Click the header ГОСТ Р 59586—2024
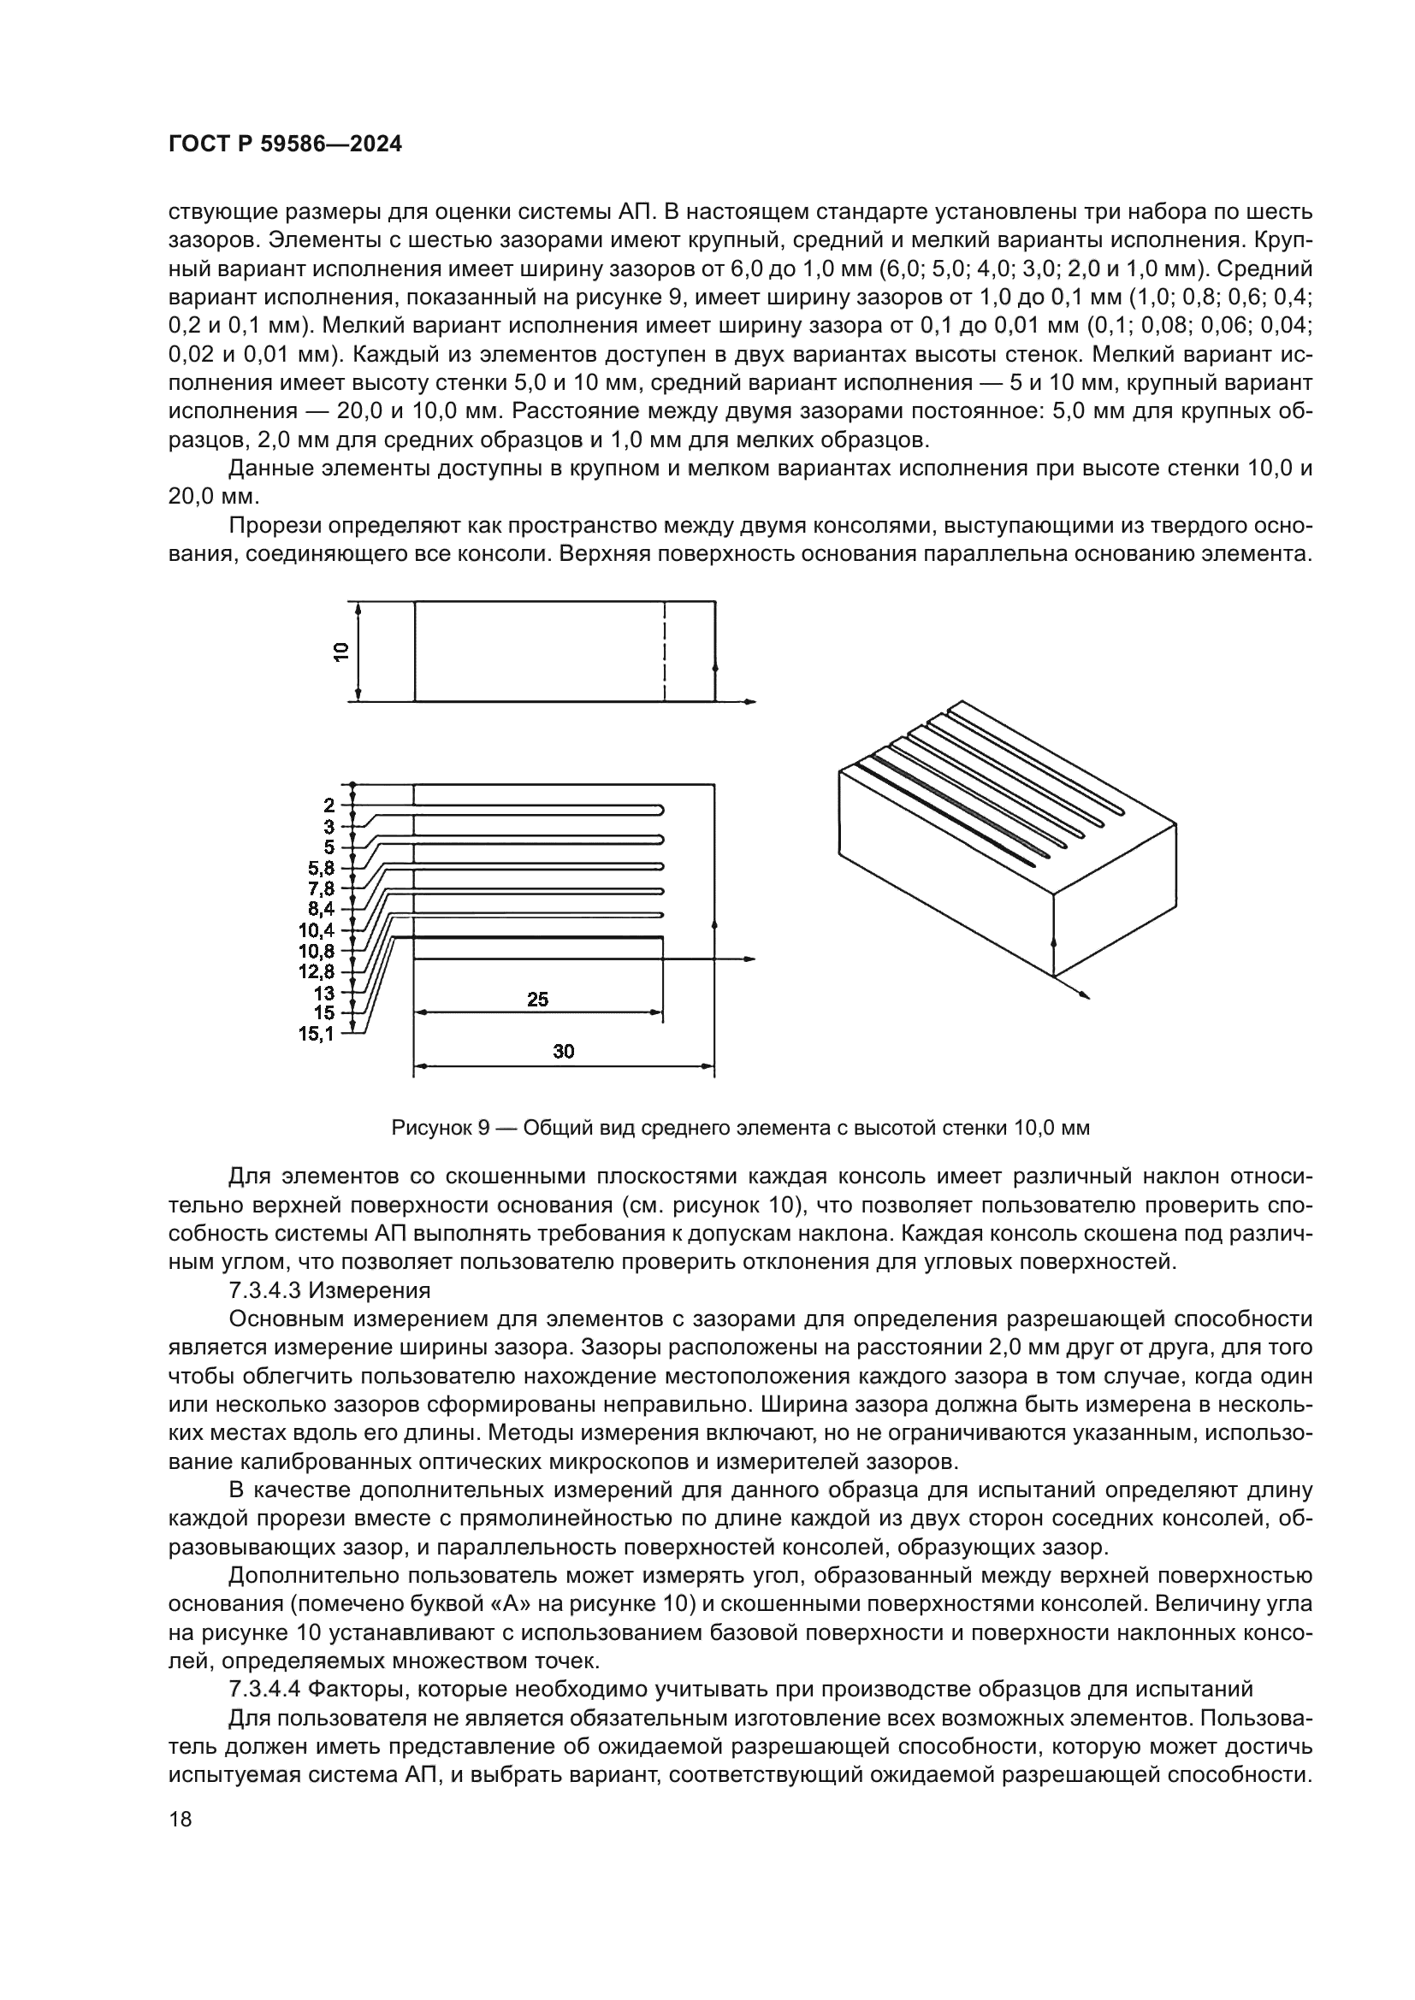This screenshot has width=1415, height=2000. (x=285, y=145)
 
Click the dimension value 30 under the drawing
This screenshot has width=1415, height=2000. (x=563, y=1052)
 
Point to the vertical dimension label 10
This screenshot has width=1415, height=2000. (x=341, y=652)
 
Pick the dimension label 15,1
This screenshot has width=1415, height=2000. (x=317, y=1034)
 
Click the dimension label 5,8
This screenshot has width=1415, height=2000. (x=321, y=868)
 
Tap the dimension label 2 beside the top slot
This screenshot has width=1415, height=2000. (x=329, y=805)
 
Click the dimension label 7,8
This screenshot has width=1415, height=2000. (x=321, y=888)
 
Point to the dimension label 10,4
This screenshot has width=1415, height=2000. (x=317, y=930)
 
